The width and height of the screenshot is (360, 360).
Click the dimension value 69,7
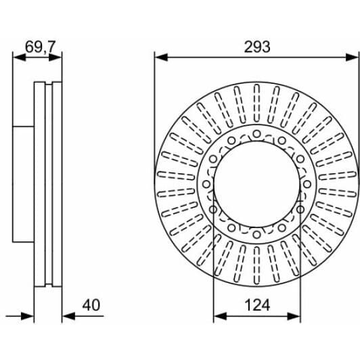[x=40, y=47]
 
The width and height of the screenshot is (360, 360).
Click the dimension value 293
[x=257, y=47]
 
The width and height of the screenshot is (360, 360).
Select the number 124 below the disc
[x=257, y=305]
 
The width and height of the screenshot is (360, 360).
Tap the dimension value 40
[x=91, y=305]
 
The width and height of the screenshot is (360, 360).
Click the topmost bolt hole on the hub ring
[x=256, y=133]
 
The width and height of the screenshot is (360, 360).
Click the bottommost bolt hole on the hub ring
[x=256, y=235]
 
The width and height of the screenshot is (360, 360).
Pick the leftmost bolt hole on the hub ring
[x=206, y=184]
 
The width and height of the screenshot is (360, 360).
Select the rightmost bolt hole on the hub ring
[x=307, y=184]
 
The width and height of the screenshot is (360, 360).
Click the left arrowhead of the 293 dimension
[x=161, y=57]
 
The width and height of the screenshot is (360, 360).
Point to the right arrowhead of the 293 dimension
[x=352, y=57]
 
